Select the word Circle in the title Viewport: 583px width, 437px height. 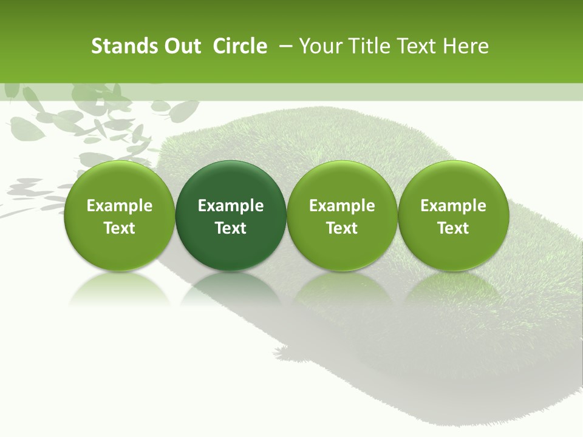coord(240,46)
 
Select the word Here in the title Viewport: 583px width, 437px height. coord(468,46)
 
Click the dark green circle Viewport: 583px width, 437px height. coord(231,215)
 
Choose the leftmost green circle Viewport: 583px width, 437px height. coord(119,215)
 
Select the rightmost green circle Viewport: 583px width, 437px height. coord(453,215)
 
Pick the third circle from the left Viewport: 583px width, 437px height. coord(342,215)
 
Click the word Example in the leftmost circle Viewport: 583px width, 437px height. coord(119,206)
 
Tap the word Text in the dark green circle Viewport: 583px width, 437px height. coord(231,228)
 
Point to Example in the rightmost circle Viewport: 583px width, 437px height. coord(453,206)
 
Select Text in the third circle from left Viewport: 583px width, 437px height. coord(342,228)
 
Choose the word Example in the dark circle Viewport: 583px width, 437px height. coord(231,206)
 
